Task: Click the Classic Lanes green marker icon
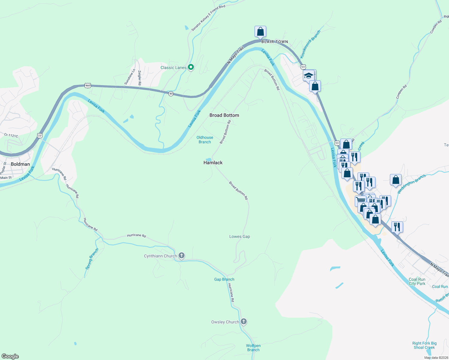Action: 191,67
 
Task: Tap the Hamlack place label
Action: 213,163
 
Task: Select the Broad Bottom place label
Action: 224,115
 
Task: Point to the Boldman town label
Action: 20,164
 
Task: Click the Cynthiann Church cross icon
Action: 181,256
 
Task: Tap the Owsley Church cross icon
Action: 244,322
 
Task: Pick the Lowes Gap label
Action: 240,236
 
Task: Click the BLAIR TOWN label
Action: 275,42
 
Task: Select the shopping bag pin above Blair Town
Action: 260,31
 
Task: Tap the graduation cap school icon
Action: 309,75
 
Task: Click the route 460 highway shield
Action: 88,85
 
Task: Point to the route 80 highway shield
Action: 171,94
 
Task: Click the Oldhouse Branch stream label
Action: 205,140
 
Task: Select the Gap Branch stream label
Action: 224,279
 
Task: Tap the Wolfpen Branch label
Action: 253,348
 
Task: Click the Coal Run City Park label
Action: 417,281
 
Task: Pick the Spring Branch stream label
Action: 92,259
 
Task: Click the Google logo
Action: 10,356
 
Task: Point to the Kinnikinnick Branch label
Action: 310,44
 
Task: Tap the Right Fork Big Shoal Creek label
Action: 424,345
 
